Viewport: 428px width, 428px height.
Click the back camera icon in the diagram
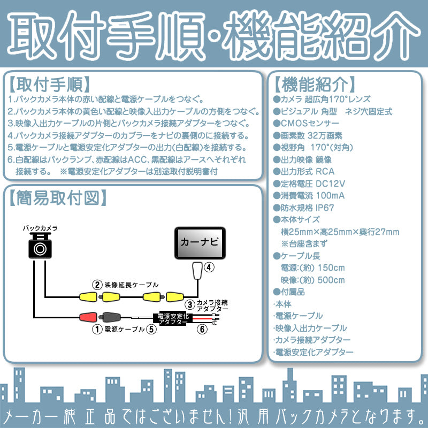point(40,247)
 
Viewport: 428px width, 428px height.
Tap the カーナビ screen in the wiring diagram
point(199,243)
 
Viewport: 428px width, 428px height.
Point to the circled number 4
point(209,267)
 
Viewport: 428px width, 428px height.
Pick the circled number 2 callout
point(97,284)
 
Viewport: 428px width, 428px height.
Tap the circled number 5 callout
point(151,330)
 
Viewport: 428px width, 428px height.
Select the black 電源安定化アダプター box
point(172,319)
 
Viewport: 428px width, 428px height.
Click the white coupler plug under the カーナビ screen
point(197,271)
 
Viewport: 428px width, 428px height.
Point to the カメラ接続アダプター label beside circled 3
point(212,306)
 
